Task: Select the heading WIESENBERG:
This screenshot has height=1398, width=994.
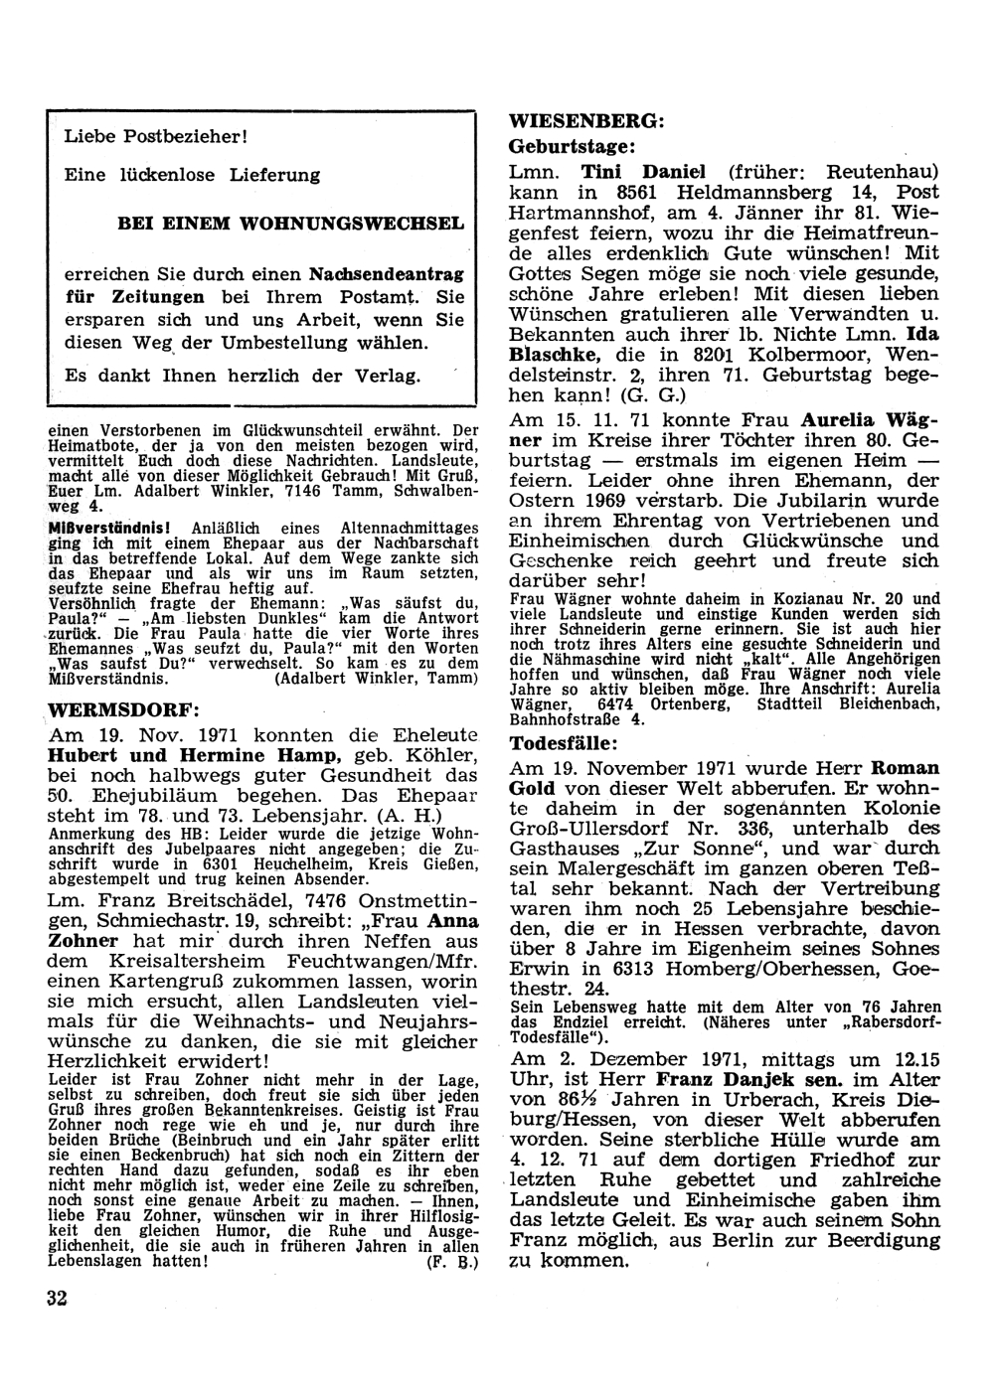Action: coord(585,121)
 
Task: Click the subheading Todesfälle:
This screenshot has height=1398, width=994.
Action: coord(564,743)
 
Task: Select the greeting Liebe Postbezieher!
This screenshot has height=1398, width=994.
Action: coord(155,135)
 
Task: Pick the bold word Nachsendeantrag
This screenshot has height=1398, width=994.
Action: coord(387,272)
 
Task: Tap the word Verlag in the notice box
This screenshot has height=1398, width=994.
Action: coord(393,377)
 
